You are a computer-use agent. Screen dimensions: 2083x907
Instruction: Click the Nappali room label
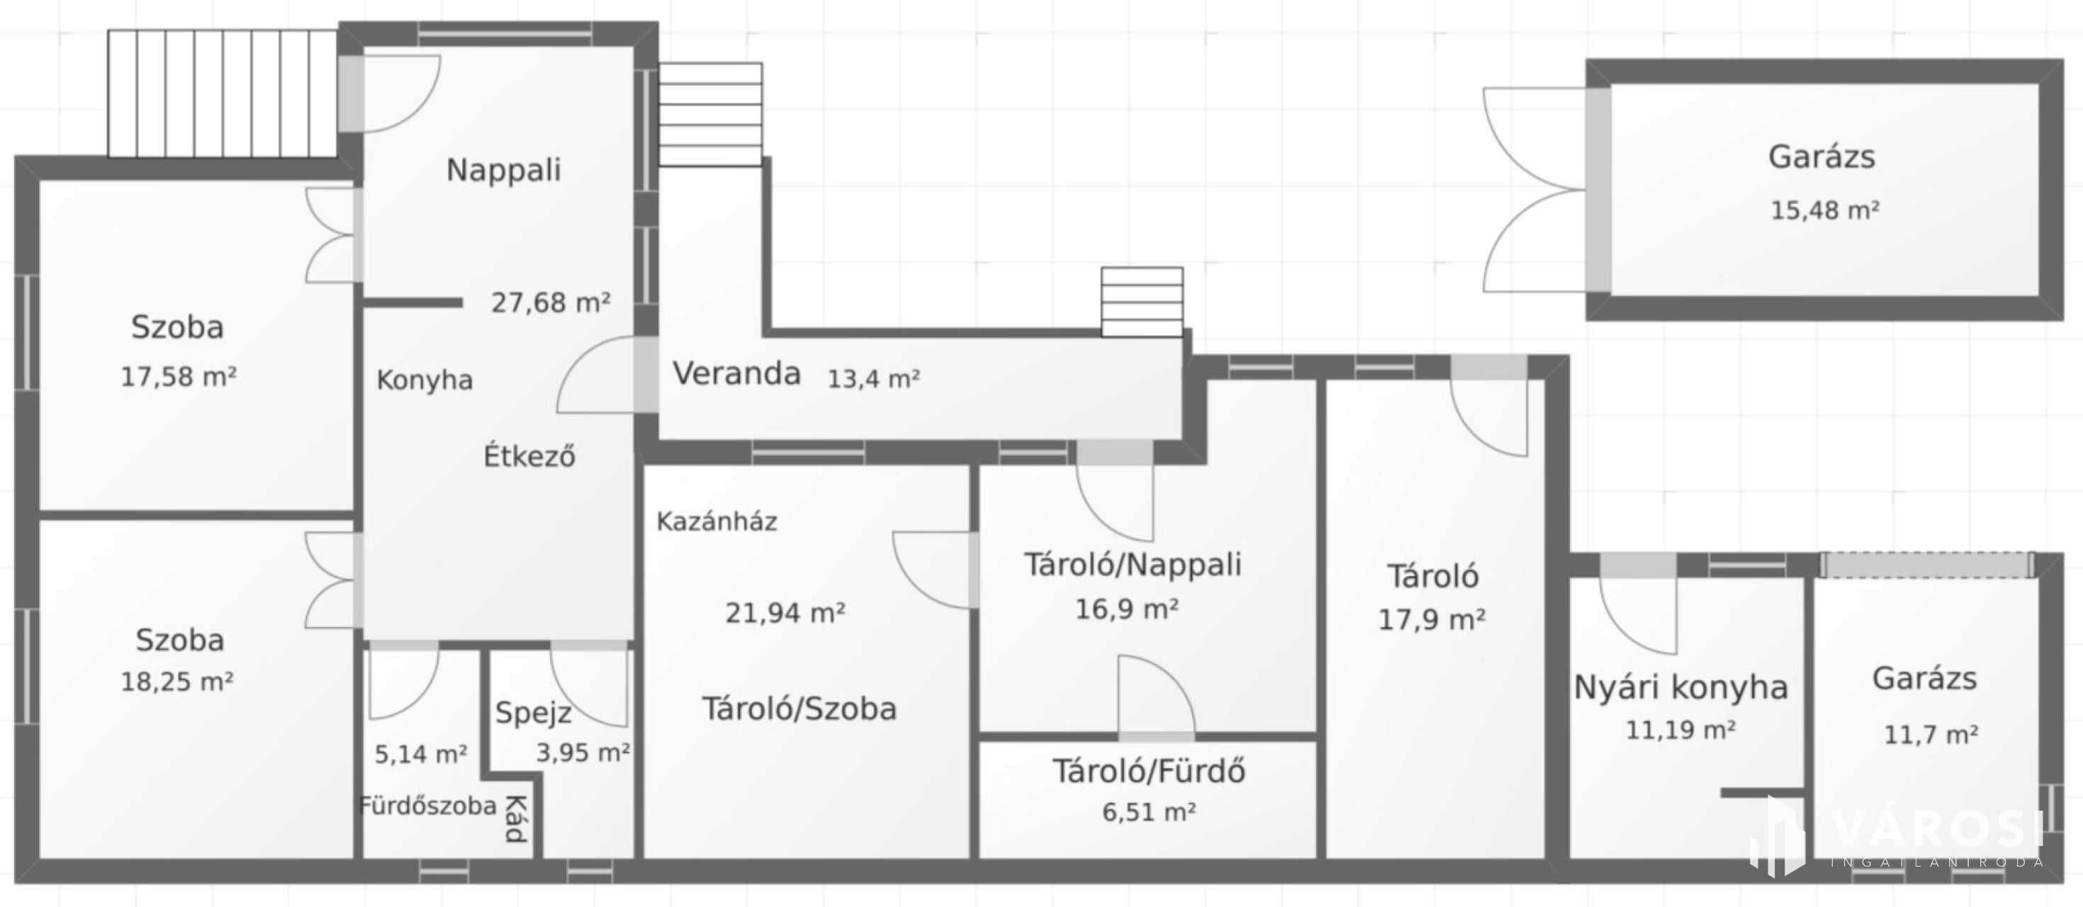pyautogui.click(x=504, y=171)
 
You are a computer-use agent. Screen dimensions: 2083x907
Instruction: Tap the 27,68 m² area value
pyautogui.click(x=551, y=303)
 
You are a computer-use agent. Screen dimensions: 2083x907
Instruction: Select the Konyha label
pyautogui.click(x=425, y=380)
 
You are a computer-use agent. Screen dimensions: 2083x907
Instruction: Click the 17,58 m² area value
pyautogui.click(x=179, y=377)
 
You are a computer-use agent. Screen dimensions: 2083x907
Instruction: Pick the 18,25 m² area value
pyautogui.click(x=177, y=682)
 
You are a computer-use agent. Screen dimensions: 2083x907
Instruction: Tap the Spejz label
pyautogui.click(x=534, y=712)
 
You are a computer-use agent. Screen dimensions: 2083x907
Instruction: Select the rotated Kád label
pyautogui.click(x=516, y=819)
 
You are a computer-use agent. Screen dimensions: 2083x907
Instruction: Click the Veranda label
pyautogui.click(x=736, y=373)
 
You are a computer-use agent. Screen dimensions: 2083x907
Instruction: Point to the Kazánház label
pyautogui.click(x=717, y=522)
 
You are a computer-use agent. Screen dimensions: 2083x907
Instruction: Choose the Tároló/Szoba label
pyautogui.click(x=799, y=709)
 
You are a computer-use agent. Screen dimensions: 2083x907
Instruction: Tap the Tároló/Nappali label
pyautogui.click(x=1133, y=564)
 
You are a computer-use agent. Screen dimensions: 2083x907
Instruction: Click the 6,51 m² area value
pyautogui.click(x=1149, y=811)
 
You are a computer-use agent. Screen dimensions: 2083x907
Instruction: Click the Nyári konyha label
pyautogui.click(x=1681, y=688)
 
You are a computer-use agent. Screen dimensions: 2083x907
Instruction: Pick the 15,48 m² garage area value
pyautogui.click(x=1825, y=210)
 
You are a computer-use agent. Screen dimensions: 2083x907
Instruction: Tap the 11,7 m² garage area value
pyautogui.click(x=1931, y=735)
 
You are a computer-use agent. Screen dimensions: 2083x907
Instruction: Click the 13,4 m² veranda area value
pyautogui.click(x=873, y=378)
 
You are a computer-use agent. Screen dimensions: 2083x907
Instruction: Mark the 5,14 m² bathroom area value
pyautogui.click(x=420, y=754)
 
